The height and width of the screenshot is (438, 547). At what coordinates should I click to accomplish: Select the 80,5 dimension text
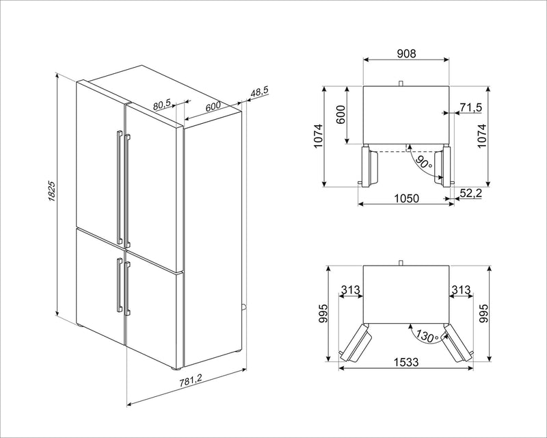[x=161, y=104]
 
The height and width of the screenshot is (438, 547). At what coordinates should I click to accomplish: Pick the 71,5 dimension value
[x=471, y=107]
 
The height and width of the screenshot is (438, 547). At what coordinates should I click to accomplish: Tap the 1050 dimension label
[x=406, y=196]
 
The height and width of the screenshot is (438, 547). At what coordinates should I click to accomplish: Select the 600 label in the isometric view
[x=213, y=107]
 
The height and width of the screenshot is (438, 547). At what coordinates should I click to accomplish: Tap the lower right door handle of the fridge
[x=127, y=286]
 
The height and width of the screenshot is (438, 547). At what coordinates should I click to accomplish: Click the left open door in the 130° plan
[x=357, y=342]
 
